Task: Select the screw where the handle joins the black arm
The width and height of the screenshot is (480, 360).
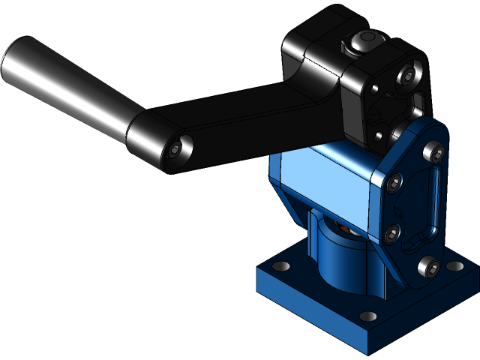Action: (175, 149)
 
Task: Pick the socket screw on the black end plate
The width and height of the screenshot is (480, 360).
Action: (407, 76)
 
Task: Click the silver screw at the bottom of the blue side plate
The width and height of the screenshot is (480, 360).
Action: (428, 265)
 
